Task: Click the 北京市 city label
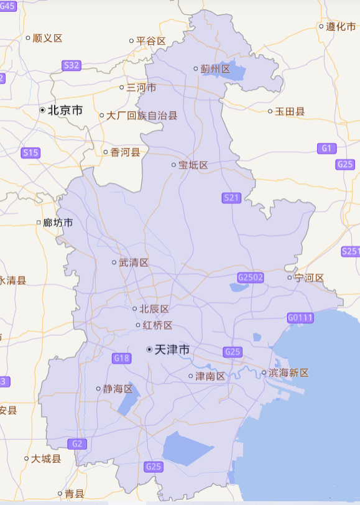[x=65, y=110]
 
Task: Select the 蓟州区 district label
[x=215, y=68]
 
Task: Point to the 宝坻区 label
[x=193, y=165]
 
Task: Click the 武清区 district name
[x=134, y=263]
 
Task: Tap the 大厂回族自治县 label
[x=142, y=115]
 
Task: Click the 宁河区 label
[x=309, y=277]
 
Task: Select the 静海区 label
[x=118, y=389]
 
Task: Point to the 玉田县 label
[x=290, y=111]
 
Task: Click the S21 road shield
[x=231, y=198]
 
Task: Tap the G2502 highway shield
[x=251, y=277]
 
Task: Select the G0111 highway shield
[x=300, y=318]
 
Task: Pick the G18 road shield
[x=122, y=358]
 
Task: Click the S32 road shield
[x=72, y=65]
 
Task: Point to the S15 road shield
[x=30, y=152]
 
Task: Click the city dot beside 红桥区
[x=138, y=325]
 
